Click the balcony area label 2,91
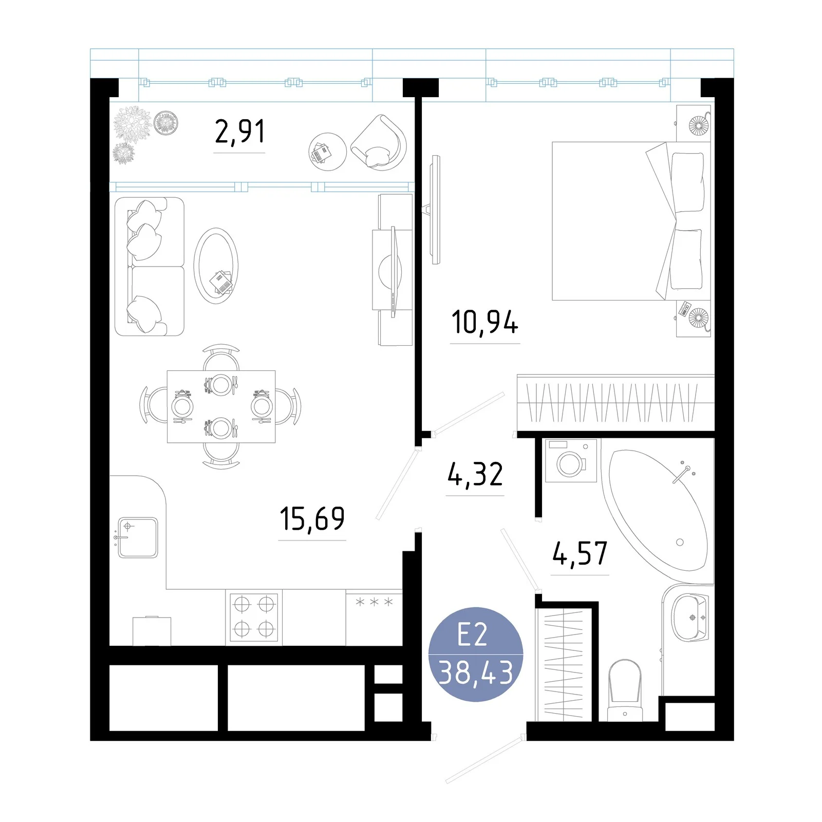point(240,132)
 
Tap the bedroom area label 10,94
point(485,322)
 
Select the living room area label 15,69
point(312,518)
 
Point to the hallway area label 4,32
point(475,474)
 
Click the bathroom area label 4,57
point(580,553)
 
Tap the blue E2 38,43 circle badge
point(476,654)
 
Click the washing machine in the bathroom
point(571,460)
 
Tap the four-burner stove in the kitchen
point(254,617)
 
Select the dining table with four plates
point(221,406)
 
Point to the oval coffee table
point(216,266)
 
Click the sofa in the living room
point(149,267)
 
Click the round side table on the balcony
point(327,152)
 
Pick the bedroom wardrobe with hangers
point(615,403)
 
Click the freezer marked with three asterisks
point(374,618)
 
